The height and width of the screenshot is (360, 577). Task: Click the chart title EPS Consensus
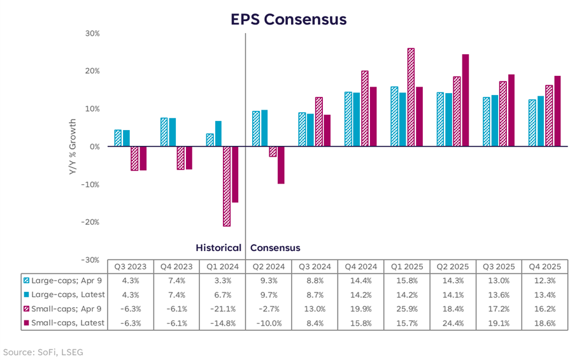288,19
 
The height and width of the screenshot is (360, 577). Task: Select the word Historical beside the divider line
218,248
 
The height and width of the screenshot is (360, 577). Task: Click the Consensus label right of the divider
275,248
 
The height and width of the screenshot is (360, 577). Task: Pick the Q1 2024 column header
222,267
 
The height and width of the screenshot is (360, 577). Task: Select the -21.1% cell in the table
222,308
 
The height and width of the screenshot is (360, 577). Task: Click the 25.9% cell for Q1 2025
406,308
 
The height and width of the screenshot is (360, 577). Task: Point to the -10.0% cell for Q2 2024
268,322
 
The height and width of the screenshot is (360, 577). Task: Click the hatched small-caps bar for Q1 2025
411,97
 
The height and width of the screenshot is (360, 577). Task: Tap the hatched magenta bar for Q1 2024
226,186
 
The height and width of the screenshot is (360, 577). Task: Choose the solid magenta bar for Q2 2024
281,165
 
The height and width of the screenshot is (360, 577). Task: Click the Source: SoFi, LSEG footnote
41,352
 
